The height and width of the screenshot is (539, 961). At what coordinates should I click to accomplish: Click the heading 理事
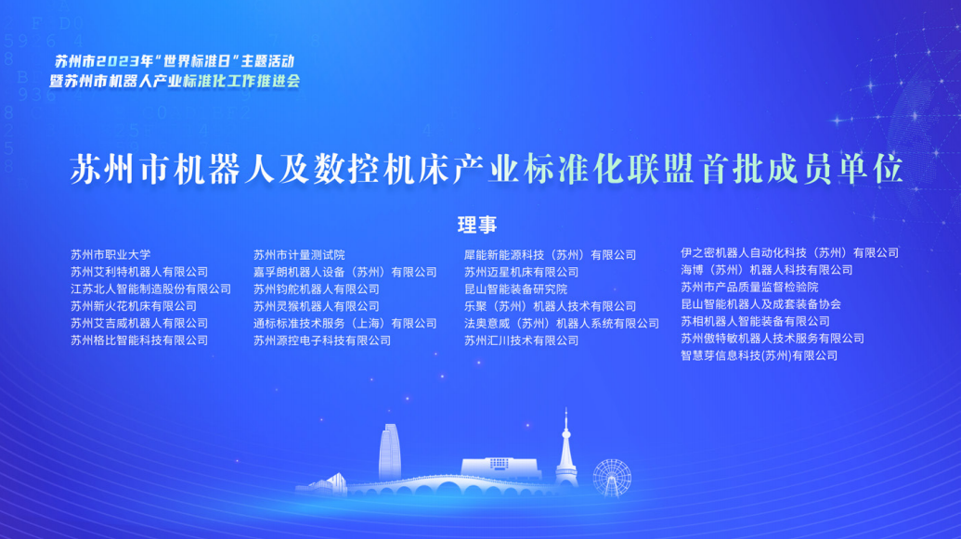(477, 225)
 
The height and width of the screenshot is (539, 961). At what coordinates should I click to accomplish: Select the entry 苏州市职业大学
(110, 255)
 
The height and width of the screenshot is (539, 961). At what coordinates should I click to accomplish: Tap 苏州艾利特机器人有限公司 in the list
(139, 272)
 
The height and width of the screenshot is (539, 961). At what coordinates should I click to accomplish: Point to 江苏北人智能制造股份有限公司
(150, 289)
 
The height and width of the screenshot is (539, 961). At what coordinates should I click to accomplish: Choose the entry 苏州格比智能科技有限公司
(139, 340)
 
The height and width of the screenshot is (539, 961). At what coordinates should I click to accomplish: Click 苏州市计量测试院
(299, 255)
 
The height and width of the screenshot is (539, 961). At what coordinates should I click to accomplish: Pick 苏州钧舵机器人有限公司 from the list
(317, 289)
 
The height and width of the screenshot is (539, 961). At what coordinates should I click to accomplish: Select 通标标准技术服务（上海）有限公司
(345, 324)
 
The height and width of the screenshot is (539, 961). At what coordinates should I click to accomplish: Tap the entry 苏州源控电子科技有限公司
(322, 340)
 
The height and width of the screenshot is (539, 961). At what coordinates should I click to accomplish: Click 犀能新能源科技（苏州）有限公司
(550, 255)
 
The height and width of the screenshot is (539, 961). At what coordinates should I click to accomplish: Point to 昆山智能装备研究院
(515, 289)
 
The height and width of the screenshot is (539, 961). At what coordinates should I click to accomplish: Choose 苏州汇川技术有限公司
(521, 340)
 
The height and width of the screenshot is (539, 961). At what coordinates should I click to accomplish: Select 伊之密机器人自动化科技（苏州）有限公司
(789, 253)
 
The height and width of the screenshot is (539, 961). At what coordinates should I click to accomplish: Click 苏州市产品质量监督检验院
(749, 288)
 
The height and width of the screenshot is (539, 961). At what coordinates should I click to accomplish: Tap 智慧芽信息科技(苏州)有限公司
(759, 356)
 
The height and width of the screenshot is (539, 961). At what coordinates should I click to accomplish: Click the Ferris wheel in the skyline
(612, 478)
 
